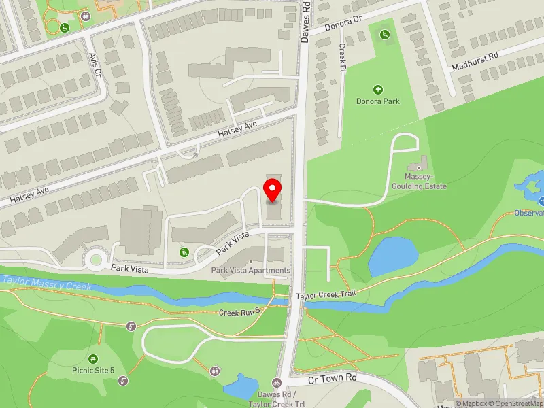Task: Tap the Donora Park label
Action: click(x=378, y=101)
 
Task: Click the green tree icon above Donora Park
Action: click(x=378, y=89)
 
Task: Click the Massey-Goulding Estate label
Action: click(x=419, y=182)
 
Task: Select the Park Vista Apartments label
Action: click(x=251, y=271)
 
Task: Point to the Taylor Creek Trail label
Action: click(x=326, y=296)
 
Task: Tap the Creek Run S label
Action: click(x=239, y=313)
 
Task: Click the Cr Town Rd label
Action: click(x=333, y=377)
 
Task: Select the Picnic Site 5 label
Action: click(x=93, y=371)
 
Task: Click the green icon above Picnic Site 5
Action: click(x=93, y=358)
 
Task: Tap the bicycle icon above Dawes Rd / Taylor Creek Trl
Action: click(x=277, y=383)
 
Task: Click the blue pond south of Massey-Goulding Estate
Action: click(x=392, y=255)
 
